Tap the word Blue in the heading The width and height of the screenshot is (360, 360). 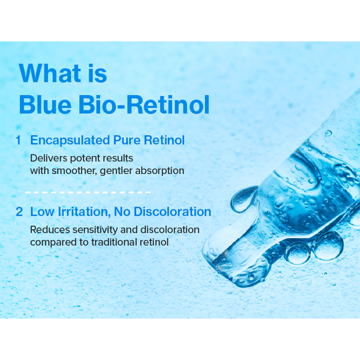[x=45, y=105]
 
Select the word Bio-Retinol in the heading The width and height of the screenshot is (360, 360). [x=144, y=105]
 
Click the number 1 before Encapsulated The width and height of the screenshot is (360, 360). [x=18, y=140]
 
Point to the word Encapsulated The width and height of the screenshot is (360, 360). [x=70, y=140]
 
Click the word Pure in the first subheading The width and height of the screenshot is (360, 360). [x=127, y=140]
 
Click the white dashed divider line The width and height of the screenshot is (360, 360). [x=88, y=192]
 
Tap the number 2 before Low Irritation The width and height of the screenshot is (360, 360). [x=19, y=212]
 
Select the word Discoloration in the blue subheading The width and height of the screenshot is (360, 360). [x=172, y=212]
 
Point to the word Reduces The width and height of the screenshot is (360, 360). [x=50, y=230]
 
